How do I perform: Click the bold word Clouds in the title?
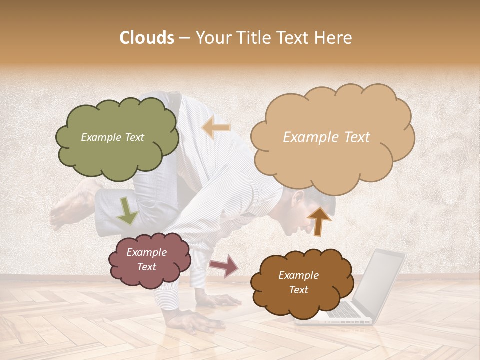tap(147, 38)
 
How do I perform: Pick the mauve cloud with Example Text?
tap(149, 260)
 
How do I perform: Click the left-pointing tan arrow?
tap(216, 128)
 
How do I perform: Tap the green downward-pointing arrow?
tap(127, 210)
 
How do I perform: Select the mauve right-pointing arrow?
tap(224, 265)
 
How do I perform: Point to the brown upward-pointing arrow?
tap(319, 220)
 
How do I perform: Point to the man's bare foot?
tap(70, 205)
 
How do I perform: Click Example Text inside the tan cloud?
tap(326, 137)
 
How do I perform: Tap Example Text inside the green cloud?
tap(112, 137)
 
